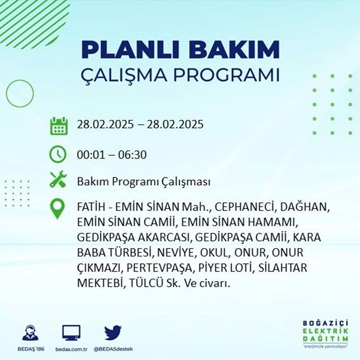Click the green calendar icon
click(x=58, y=125)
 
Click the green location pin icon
click(x=58, y=209)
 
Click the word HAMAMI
click(x=273, y=223)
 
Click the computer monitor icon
click(x=71, y=333)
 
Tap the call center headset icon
click(x=30, y=333)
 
